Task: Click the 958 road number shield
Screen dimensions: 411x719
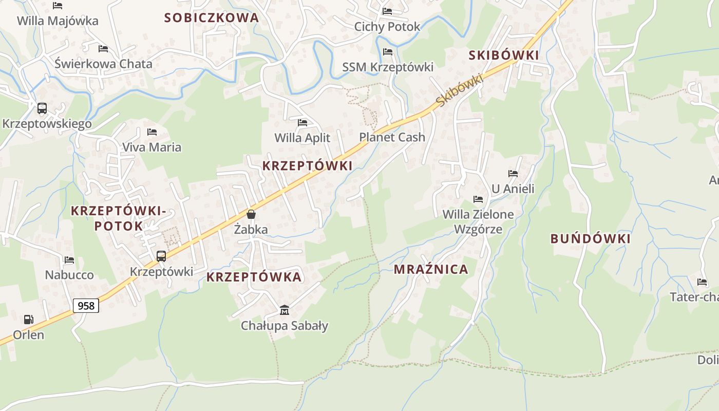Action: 86,306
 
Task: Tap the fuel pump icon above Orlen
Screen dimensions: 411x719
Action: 28,320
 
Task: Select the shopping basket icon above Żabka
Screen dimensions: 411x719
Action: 251,214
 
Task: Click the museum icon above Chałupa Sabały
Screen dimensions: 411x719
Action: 285,310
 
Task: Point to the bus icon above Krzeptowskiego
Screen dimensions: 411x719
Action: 42,108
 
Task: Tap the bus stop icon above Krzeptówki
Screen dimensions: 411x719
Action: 161,256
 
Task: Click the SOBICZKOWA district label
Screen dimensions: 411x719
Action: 212,18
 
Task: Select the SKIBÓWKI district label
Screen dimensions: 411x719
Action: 504,55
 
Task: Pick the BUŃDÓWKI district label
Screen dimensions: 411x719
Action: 591,239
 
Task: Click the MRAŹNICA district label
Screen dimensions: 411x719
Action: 431,269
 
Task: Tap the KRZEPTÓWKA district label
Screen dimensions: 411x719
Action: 254,277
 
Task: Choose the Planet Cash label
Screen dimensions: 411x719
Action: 392,137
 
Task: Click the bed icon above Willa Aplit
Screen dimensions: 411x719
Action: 302,123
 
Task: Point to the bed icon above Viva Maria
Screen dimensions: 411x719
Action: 152,132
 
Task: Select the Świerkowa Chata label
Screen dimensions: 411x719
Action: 104,64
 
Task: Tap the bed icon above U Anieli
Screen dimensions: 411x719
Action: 513,174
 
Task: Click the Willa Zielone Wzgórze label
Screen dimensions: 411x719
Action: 478,221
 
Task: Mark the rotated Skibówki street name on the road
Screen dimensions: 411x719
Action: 460,90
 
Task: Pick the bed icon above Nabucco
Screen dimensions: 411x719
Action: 69,260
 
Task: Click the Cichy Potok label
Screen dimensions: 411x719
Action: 387,27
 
